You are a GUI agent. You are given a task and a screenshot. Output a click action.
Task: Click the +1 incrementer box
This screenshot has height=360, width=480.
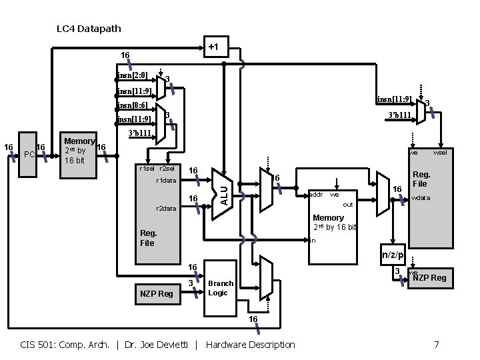pyautogui.click(x=213, y=47)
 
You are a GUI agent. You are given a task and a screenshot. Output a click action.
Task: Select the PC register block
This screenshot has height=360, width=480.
pyautogui.click(x=29, y=155)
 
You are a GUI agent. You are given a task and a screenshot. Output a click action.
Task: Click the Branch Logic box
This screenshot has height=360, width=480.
pyautogui.click(x=220, y=288)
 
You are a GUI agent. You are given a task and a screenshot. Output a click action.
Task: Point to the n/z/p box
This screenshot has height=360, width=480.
pyautogui.click(x=392, y=254)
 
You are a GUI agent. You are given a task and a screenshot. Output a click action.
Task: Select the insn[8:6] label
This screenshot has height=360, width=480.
pyautogui.click(x=132, y=105)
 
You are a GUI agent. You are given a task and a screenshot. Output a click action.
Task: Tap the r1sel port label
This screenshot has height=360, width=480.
pyautogui.click(x=146, y=169)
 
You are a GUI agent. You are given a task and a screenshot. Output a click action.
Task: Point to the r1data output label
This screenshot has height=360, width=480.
pyautogui.click(x=165, y=181)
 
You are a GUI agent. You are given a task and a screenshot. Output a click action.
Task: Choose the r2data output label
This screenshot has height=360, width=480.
pyautogui.click(x=165, y=208)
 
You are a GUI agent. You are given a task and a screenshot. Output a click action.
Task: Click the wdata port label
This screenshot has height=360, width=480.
pyautogui.click(x=421, y=198)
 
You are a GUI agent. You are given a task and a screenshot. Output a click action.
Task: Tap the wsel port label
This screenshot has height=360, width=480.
pyautogui.click(x=441, y=153)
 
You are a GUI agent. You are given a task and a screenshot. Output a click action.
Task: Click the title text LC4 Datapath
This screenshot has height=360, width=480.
pyautogui.click(x=89, y=29)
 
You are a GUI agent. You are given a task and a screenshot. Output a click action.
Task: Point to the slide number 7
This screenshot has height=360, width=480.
pyautogui.click(x=436, y=345)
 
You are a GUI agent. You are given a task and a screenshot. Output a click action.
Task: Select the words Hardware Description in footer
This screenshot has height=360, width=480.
pyautogui.click(x=251, y=345)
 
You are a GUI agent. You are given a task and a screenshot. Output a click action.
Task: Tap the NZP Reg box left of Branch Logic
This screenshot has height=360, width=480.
pyautogui.click(x=156, y=293)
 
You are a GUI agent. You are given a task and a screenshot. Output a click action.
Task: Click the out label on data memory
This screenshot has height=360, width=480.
pyautogui.click(x=347, y=205)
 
